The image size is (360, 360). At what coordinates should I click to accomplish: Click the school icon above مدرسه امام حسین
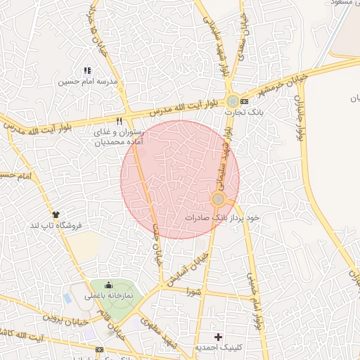pyautogui.click(x=87, y=70)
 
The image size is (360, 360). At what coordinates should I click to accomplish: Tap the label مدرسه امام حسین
pyautogui.click(x=87, y=82)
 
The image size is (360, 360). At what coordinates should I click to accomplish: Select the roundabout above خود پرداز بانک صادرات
pyautogui.click(x=218, y=200)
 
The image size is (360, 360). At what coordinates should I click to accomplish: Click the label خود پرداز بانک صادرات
pyautogui.click(x=222, y=218)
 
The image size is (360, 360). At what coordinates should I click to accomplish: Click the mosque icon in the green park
pyautogui.click(x=108, y=285)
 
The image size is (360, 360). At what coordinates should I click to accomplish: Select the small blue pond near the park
pyautogui.click(x=67, y=298)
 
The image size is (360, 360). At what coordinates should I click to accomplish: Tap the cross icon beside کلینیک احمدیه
pyautogui.click(x=218, y=337)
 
